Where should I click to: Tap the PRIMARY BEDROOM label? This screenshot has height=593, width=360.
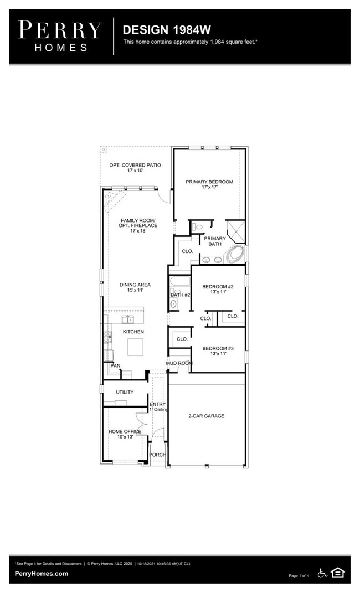click(209, 184)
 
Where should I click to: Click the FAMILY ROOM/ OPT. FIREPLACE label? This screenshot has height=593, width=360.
click(139, 225)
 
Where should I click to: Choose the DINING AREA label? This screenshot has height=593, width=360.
click(135, 288)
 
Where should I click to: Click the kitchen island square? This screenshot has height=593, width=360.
click(136, 347)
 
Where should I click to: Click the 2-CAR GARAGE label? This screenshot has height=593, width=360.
click(206, 416)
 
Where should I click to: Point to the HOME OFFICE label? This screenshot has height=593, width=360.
click(125, 434)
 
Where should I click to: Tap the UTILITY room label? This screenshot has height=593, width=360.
click(125, 392)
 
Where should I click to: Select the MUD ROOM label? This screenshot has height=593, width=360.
click(179, 363)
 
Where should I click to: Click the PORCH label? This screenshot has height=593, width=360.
click(158, 455)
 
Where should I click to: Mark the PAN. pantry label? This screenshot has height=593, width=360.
click(116, 365)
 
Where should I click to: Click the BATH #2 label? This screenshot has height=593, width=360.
click(181, 295)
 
